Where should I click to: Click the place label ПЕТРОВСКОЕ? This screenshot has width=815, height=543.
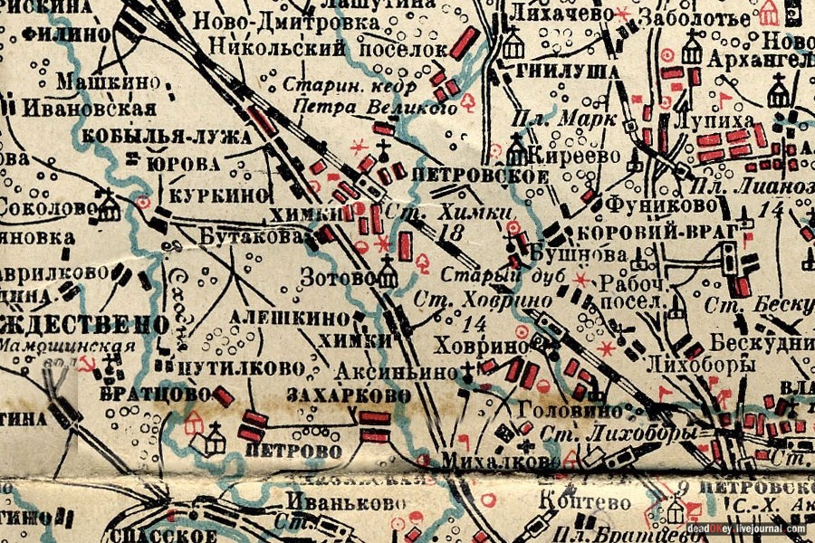tap(479, 175)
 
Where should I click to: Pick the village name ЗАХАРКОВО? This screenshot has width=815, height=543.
tap(348, 395)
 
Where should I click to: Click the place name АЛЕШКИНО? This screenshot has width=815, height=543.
tap(288, 318)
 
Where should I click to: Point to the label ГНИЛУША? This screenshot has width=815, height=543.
tap(556, 71)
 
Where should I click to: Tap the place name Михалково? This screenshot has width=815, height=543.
tap(490, 462)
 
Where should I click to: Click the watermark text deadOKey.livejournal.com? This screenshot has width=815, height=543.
tap(744, 529)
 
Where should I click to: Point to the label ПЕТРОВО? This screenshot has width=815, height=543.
tap(293, 450)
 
